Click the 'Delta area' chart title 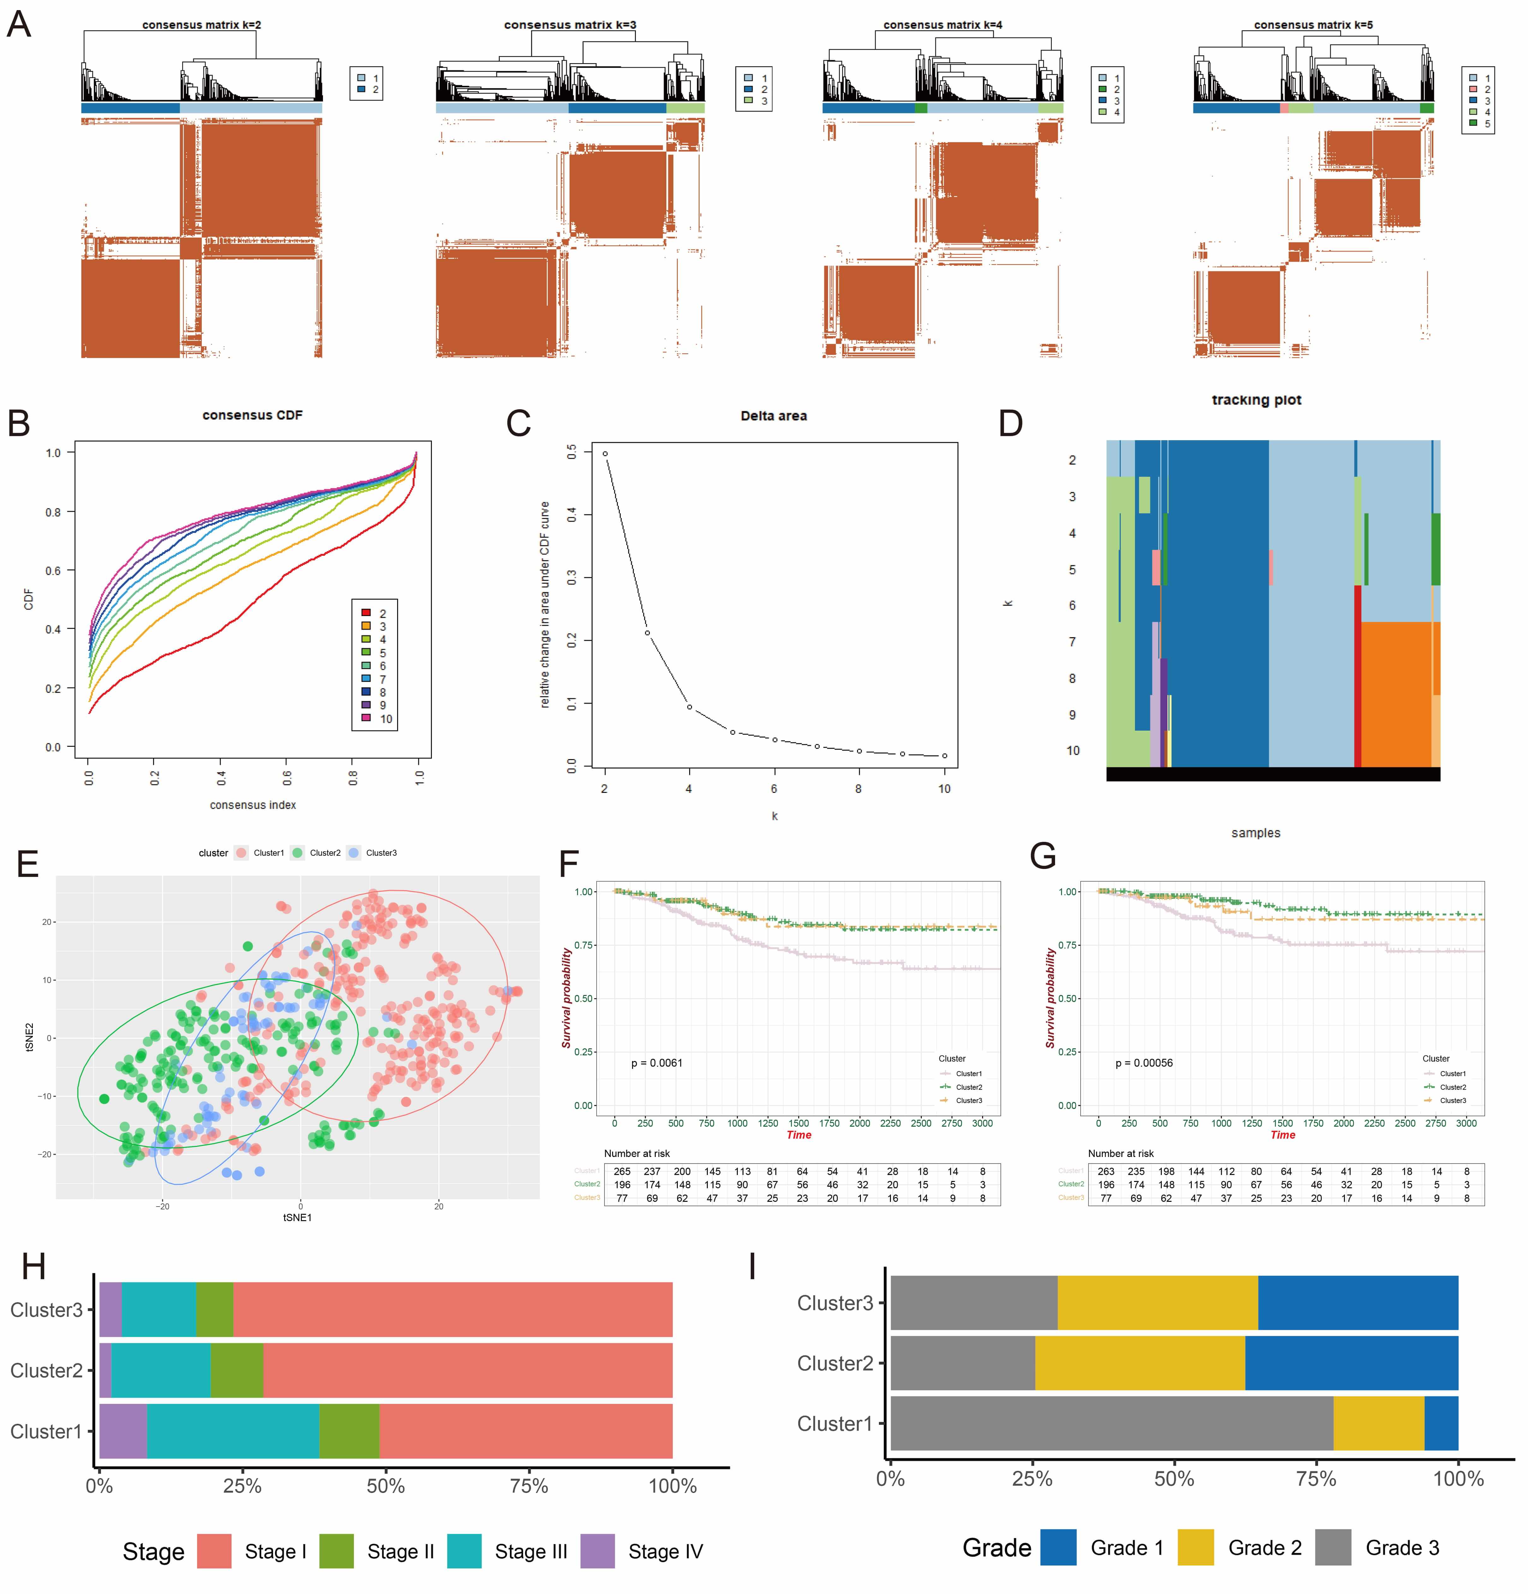pos(773,416)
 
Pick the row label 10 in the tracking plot pos(1073,751)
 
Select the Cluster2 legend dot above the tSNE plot pos(298,853)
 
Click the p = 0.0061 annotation pos(657,1063)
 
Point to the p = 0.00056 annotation pos(1143,1063)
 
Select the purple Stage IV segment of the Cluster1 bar pos(123,1431)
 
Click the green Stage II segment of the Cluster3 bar pos(215,1309)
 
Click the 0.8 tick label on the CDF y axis pos(53,512)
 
